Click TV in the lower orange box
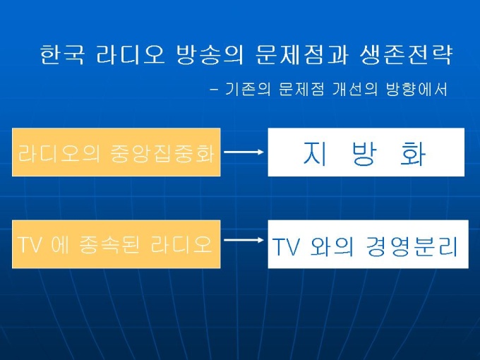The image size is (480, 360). click(x=30, y=244)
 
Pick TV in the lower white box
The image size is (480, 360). click(x=287, y=248)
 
